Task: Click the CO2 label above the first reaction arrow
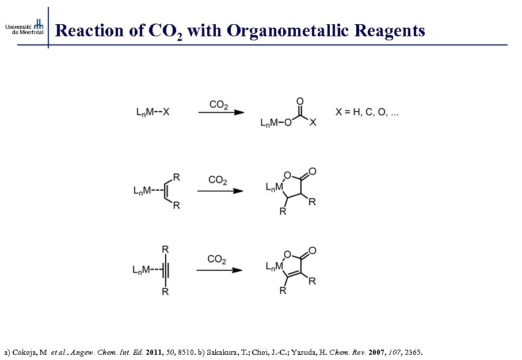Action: pos(219,105)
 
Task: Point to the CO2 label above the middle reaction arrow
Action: pos(218,180)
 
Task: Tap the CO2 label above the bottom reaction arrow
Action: pos(216,260)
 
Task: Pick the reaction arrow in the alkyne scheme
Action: pos(219,270)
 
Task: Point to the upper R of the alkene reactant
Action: pos(177,176)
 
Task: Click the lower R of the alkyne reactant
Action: pos(165,292)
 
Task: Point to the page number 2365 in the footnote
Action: pos(411,351)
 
